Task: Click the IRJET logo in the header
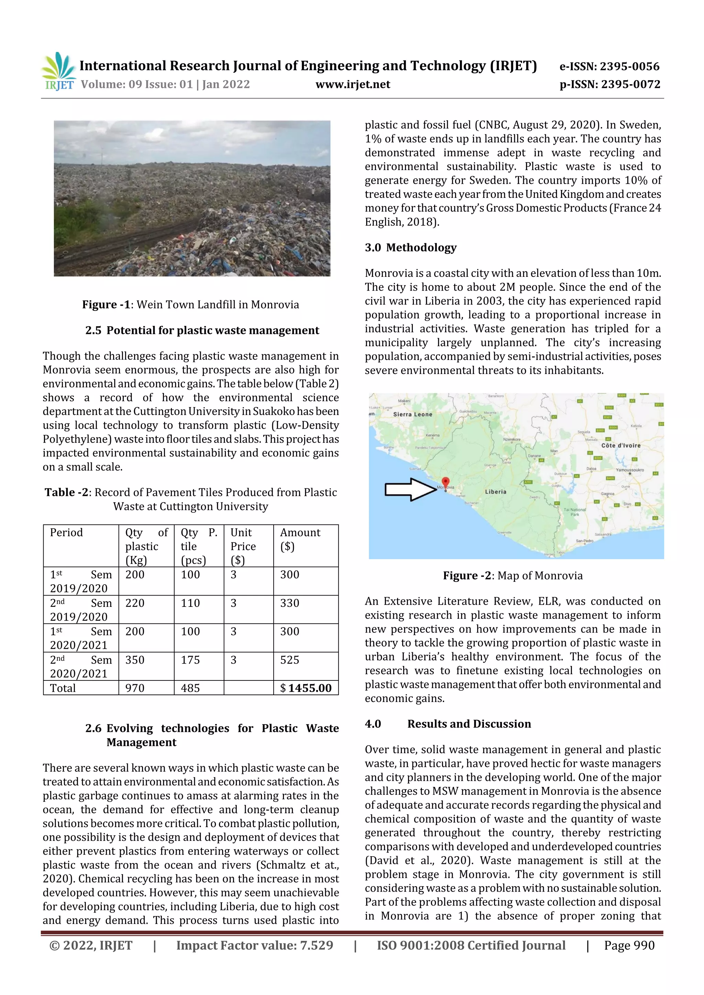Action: coord(59,71)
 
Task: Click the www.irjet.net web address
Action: coord(353,84)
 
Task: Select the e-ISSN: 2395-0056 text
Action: coord(609,66)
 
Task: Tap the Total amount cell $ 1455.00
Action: coord(306,688)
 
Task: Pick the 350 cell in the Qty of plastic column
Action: coord(135,660)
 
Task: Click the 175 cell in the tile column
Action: coord(190,660)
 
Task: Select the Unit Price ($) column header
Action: coord(243,546)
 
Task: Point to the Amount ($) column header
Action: coord(300,539)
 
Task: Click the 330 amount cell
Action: coord(290,603)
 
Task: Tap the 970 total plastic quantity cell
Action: coord(135,688)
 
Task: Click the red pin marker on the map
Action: coord(445,482)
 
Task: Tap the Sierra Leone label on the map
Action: coord(412,414)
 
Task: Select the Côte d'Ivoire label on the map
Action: coord(621,445)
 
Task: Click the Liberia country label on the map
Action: coord(495,492)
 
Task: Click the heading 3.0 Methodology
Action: coord(410,247)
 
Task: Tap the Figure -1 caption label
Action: coord(106,305)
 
